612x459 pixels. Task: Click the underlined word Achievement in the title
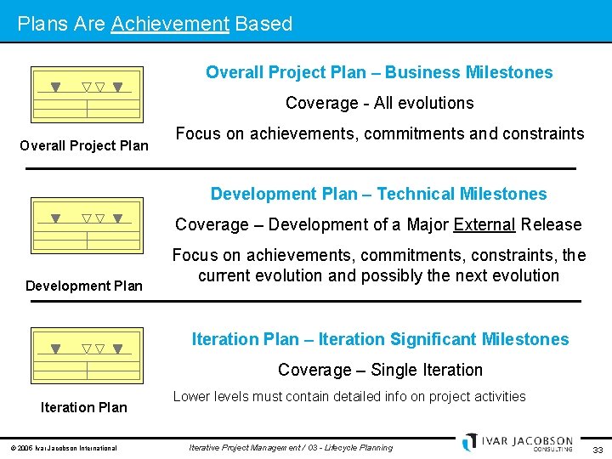[170, 24]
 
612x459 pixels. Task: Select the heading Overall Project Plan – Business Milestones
[379, 72]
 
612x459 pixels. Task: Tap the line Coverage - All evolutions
[379, 103]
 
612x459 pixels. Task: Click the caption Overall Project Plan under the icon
[84, 145]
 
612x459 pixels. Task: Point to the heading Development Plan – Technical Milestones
[379, 194]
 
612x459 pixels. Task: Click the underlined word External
[484, 224]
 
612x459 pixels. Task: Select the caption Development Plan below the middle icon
[84, 286]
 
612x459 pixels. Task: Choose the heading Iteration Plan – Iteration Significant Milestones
[380, 339]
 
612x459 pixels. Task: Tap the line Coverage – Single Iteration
[380, 370]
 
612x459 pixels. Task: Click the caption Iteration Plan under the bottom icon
[84, 407]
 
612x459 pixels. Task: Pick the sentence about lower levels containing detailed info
[349, 396]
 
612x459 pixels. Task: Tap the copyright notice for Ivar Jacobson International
[63, 448]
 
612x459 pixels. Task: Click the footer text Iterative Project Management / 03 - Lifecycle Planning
[291, 447]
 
